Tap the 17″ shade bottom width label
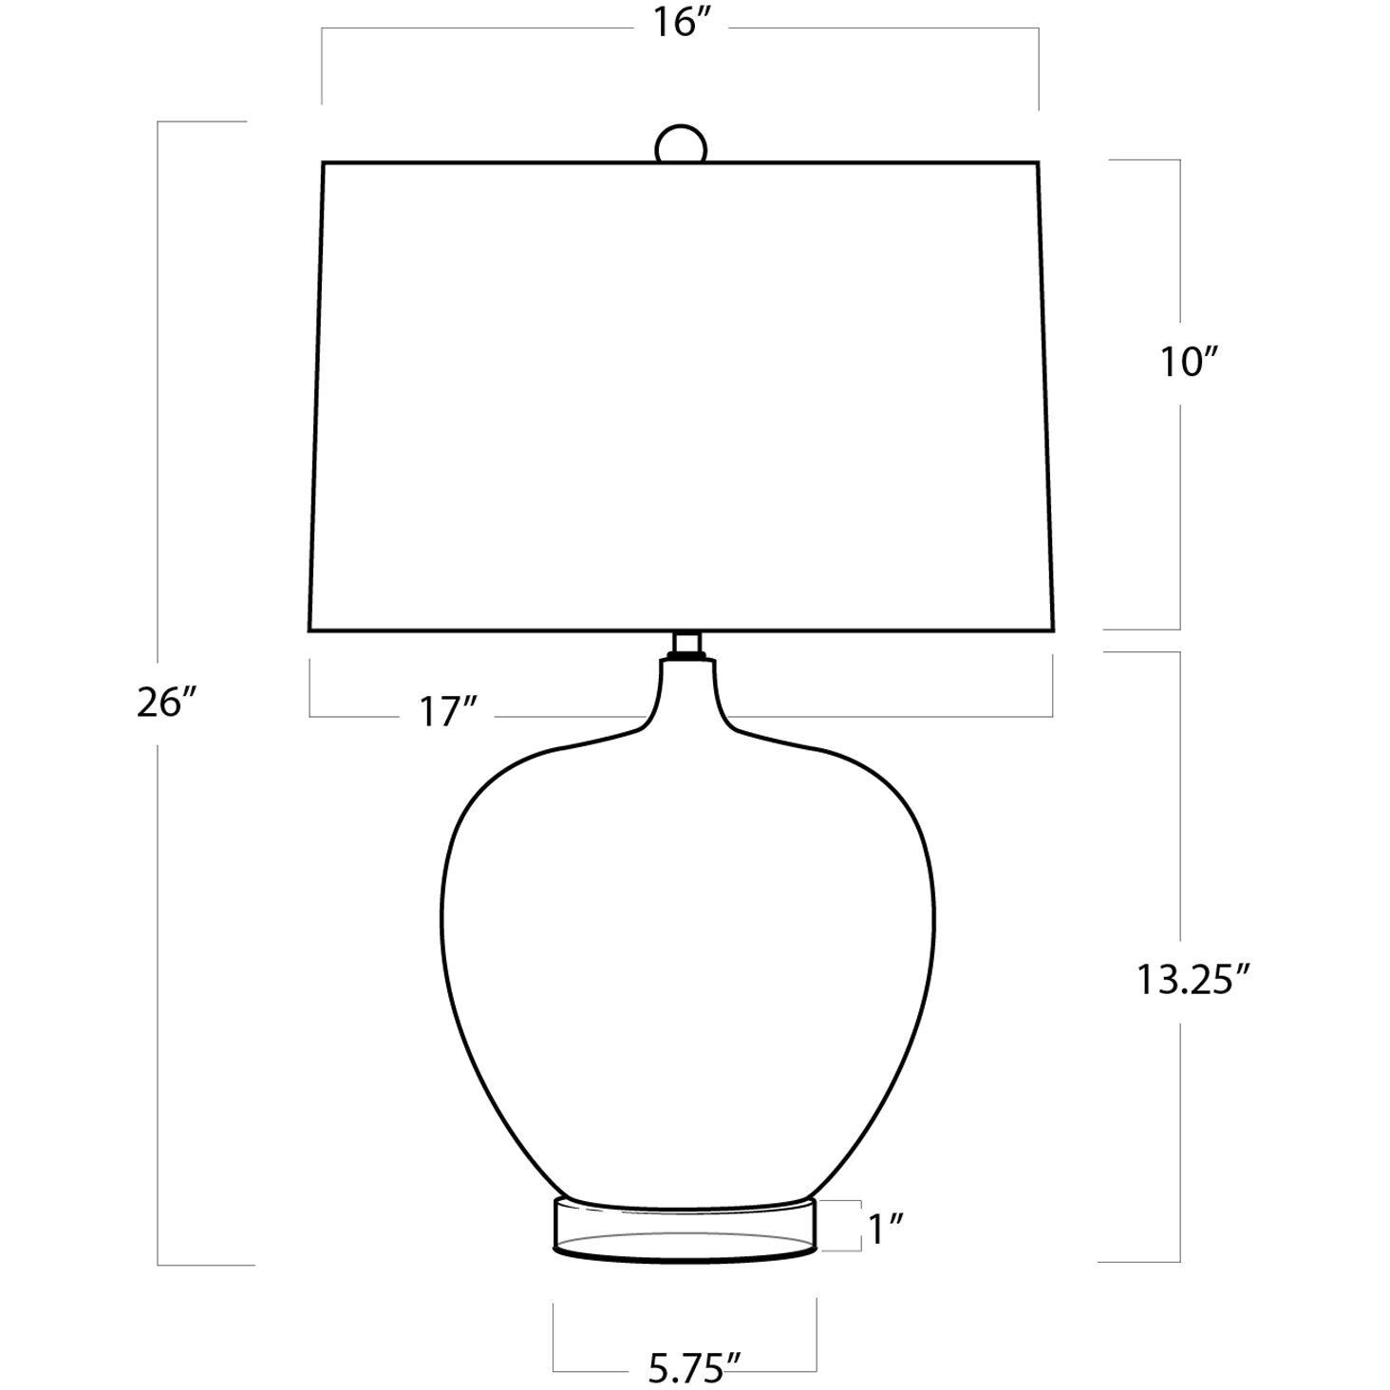pyautogui.click(x=448, y=713)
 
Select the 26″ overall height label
pyautogui.click(x=166, y=703)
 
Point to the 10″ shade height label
pyautogui.click(x=1188, y=362)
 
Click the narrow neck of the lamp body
pyautogui.click(x=686, y=692)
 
